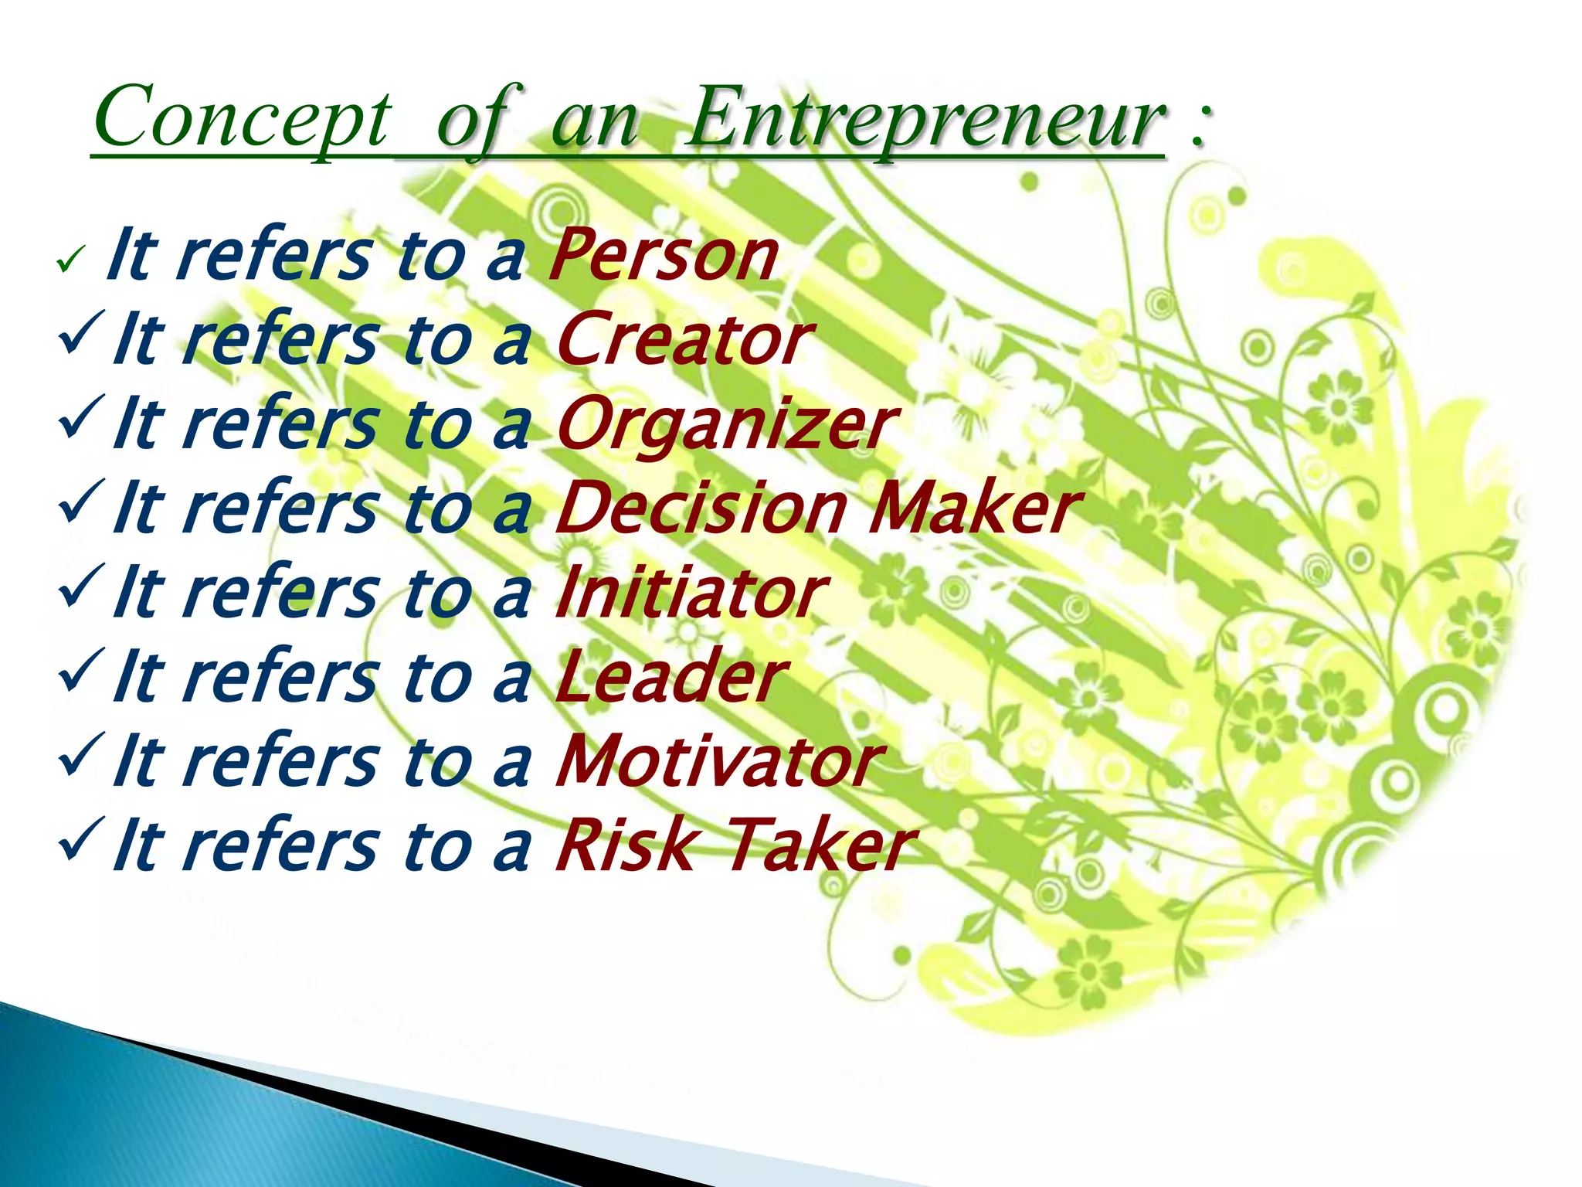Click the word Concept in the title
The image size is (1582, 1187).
(x=241, y=117)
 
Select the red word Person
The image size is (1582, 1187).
(x=663, y=256)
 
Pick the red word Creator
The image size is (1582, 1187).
(x=682, y=339)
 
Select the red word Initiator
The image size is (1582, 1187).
(x=691, y=593)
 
